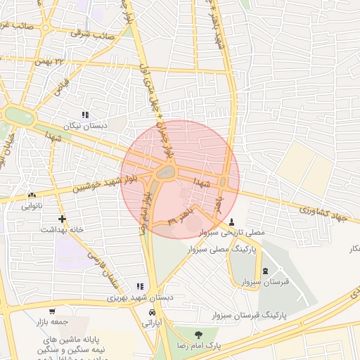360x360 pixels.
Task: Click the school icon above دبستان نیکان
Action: pyautogui.click(x=86, y=115)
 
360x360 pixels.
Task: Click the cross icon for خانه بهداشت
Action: pyautogui.click(x=63, y=219)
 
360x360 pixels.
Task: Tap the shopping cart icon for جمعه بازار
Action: pyautogui.click(x=52, y=311)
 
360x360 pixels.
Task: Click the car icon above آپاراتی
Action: pyautogui.click(x=153, y=312)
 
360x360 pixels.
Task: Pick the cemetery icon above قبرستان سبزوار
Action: pyautogui.click(x=265, y=271)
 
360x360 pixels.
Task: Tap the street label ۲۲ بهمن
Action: pyautogui.click(x=70, y=62)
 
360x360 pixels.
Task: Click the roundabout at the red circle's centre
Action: pyautogui.click(x=166, y=171)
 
